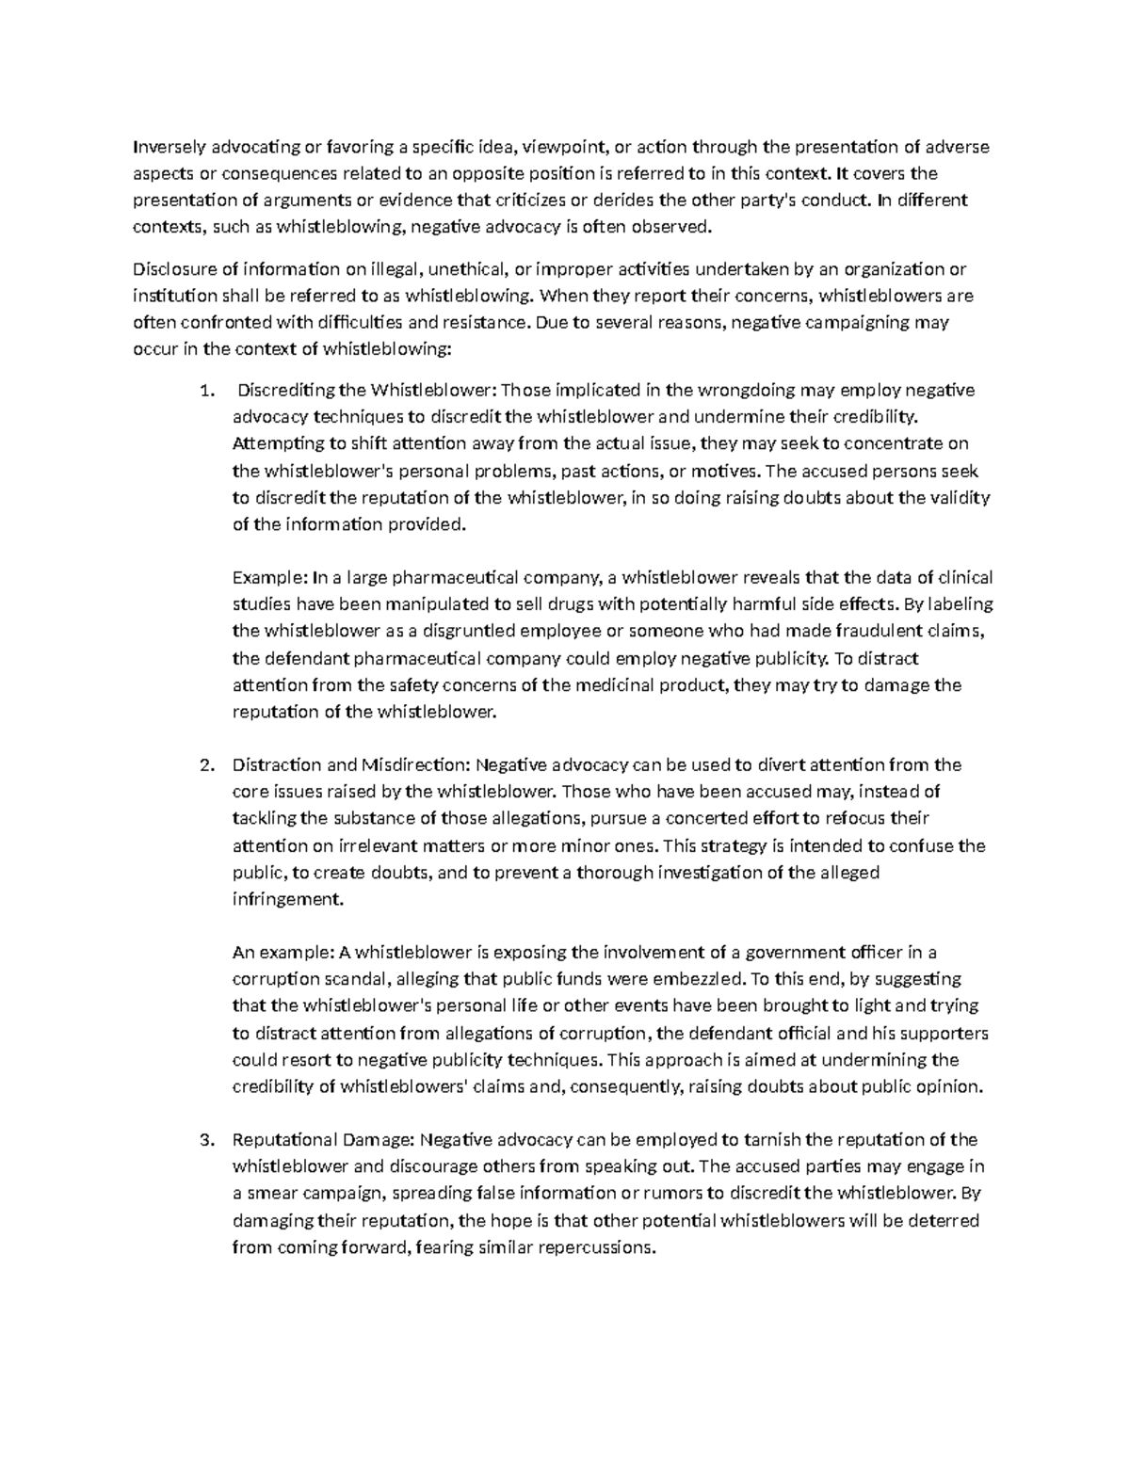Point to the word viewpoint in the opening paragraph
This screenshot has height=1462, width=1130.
click(x=563, y=147)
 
